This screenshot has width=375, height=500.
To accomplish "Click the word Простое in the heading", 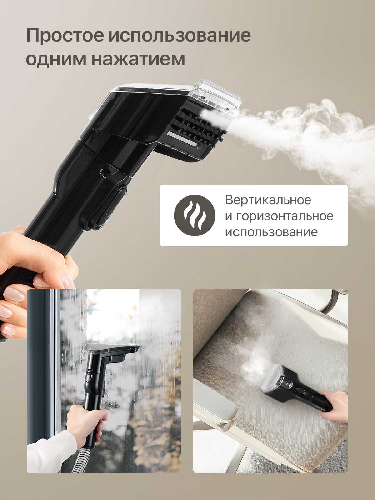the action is (x=65, y=36).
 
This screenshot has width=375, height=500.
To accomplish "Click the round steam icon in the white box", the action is (x=194, y=215).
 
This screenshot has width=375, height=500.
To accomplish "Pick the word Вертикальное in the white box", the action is (x=268, y=200).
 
